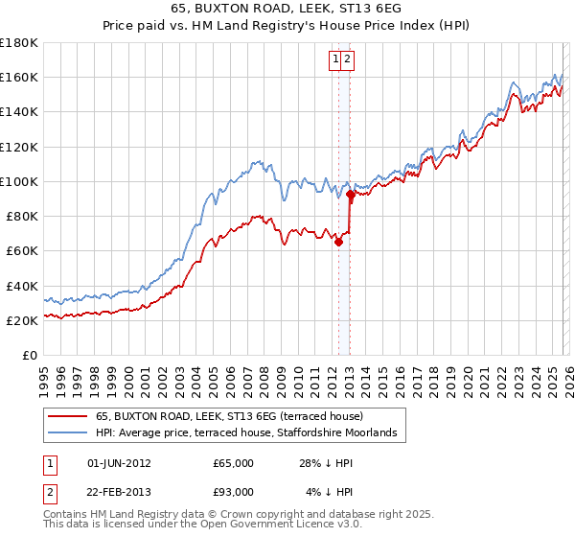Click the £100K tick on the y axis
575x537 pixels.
(18, 181)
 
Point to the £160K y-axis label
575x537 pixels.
(18, 77)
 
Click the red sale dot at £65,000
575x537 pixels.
(338, 243)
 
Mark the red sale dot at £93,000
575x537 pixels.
(351, 194)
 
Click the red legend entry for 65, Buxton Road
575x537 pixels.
(229, 416)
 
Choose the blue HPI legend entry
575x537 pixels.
(252, 433)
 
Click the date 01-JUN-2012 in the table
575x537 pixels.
(120, 463)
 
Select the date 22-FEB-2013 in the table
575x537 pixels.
(120, 492)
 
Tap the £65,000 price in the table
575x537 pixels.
(234, 463)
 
